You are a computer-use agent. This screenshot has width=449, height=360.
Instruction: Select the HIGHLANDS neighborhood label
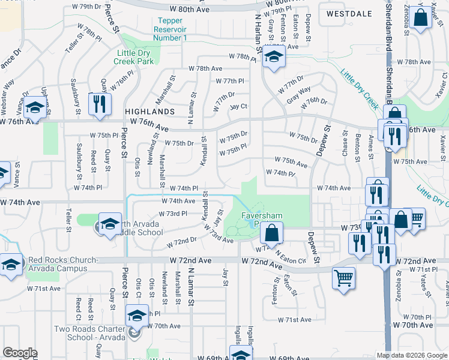149,112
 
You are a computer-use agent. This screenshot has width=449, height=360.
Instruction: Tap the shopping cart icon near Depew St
343,278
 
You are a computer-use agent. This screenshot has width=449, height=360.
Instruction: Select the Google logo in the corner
20,353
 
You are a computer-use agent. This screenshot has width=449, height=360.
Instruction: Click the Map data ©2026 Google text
412,355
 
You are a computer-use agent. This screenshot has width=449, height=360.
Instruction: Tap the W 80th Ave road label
189,10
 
